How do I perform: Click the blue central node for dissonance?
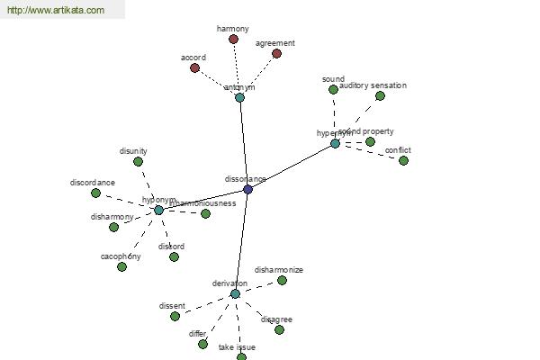coord(247,189)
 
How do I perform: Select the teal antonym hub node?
coord(239,97)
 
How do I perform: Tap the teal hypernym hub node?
coord(335,143)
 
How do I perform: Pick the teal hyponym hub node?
coord(158,210)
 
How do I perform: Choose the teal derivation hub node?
coord(235,293)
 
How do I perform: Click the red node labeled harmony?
coord(233,40)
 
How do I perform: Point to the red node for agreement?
coord(276,54)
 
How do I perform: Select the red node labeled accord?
coord(194,67)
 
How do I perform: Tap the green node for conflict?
coord(403,160)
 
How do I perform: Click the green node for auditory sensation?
coord(380,95)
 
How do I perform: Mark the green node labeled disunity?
coord(138,162)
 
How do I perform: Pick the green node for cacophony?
coord(121,266)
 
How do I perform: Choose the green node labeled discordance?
coord(95,193)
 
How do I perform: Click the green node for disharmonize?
coord(282,280)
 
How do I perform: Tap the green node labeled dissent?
coord(175,316)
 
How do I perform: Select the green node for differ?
coord(202,344)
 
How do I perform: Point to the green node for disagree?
coord(279,329)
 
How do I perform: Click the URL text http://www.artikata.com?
coord(56,11)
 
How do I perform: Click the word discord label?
coord(171,247)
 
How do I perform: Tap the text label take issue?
coord(237,347)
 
